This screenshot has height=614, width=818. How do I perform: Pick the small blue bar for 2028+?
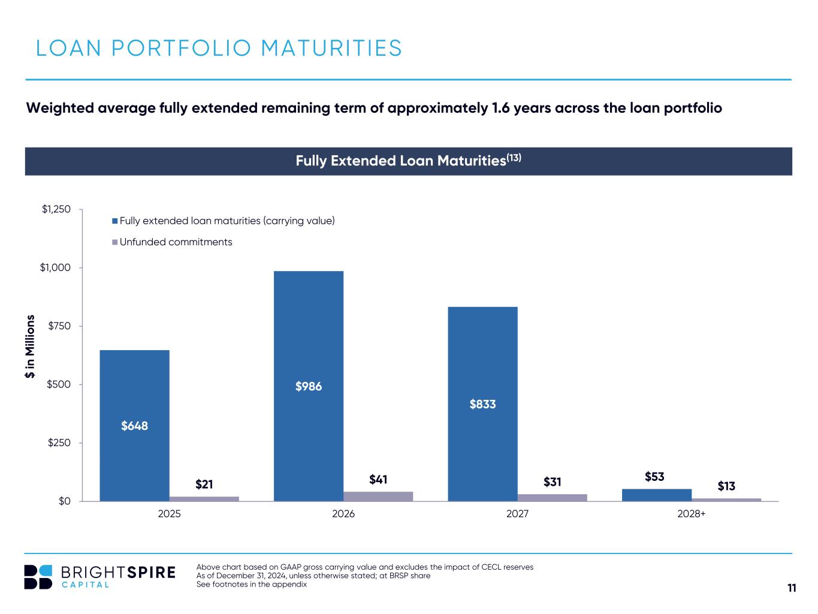tap(657, 495)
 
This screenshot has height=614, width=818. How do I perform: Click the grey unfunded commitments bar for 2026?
tap(378, 496)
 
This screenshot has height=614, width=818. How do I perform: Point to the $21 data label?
tap(204, 483)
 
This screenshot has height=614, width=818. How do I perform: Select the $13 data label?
tap(726, 486)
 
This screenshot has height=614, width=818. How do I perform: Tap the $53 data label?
tap(654, 477)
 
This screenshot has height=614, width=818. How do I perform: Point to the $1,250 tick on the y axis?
tap(56, 209)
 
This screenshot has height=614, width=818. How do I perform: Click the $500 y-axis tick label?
tap(59, 384)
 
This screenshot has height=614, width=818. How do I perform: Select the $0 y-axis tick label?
tap(64, 501)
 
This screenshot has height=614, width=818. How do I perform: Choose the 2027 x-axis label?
tap(517, 514)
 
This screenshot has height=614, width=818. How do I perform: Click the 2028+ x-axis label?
tap(692, 514)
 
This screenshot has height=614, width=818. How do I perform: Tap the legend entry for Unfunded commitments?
tap(176, 242)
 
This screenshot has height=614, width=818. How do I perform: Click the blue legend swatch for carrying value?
tap(114, 221)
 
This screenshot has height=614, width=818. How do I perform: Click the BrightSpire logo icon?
tap(38, 576)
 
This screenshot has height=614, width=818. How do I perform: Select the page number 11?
tap(792, 588)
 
